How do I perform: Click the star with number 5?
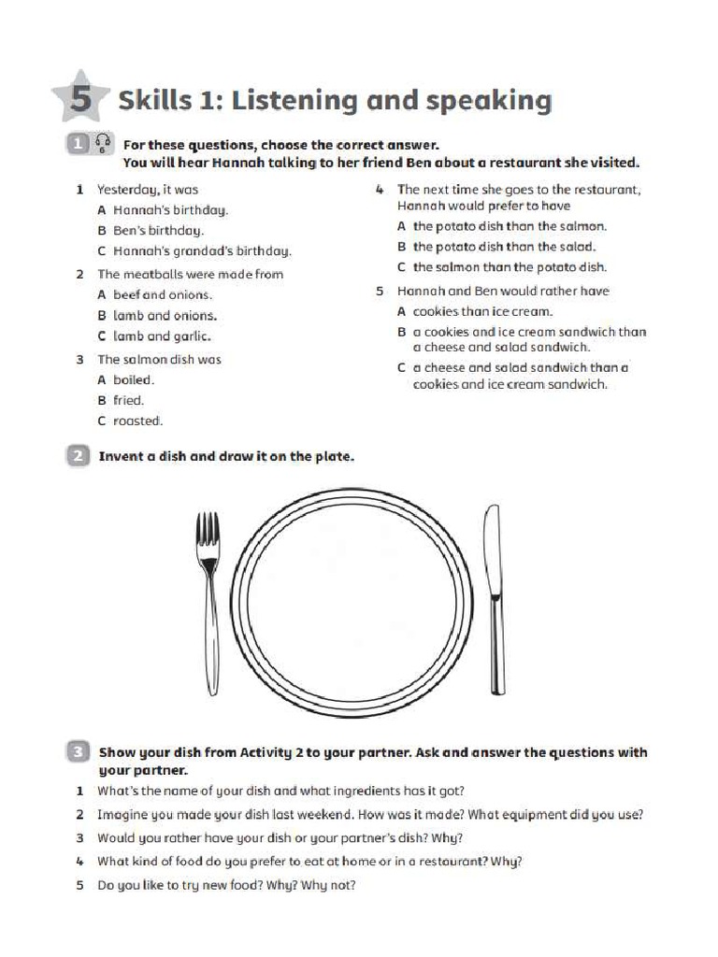point(81,97)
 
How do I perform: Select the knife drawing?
point(493,598)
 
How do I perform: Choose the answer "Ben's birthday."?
point(158,230)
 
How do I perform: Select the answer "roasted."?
point(137,421)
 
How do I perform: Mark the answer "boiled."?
point(134,379)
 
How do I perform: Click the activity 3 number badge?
point(78,751)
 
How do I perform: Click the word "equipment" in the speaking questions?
point(526,814)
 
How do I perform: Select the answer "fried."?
point(129,400)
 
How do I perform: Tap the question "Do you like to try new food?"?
point(202,885)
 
